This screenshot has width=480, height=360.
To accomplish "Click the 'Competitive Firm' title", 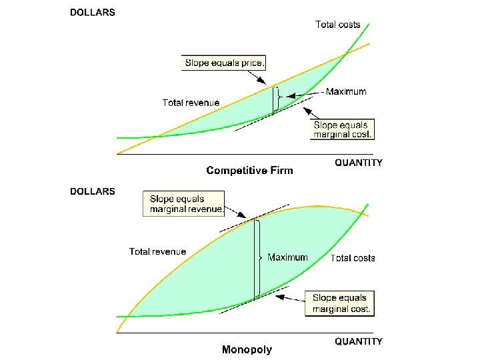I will pos(249,171).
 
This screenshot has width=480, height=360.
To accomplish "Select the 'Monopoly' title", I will pos(247,349).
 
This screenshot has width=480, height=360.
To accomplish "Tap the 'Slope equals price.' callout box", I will pos(224,63).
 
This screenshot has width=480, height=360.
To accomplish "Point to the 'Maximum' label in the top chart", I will pos(345,92).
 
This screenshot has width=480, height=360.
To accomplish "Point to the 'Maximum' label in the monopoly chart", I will pos(287,257).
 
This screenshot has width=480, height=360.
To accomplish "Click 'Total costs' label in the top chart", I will pos(337,25).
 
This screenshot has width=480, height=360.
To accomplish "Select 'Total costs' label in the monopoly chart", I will pos(353,258).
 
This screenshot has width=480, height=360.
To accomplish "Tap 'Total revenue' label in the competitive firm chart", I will pos(191,103).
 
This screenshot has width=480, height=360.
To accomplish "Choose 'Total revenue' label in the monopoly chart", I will pos(157,251).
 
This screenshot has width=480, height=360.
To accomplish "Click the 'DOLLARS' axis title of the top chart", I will pos(93,13).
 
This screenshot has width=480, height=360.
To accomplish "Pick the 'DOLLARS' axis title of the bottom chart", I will pos(93,191).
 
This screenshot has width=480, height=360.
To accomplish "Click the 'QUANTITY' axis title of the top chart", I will pos(358,163).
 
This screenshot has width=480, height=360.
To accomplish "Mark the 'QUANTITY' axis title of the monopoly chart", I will pos(358,341).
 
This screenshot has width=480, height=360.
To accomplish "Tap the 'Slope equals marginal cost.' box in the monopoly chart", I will pos(339,303).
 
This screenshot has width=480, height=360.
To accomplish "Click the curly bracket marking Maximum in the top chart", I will pos(275,99).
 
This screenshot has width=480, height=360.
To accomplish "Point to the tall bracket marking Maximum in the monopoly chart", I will pos(256,258).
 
